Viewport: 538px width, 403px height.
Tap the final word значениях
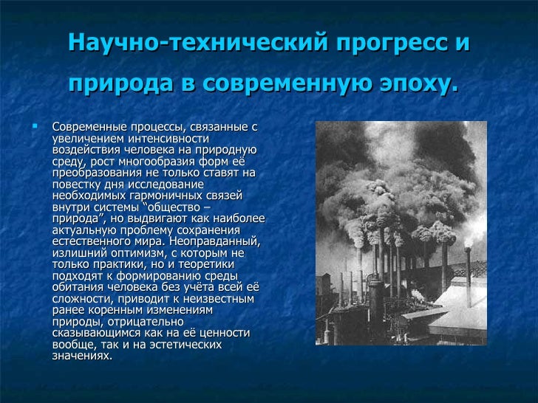pyautogui.click(x=81, y=355)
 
